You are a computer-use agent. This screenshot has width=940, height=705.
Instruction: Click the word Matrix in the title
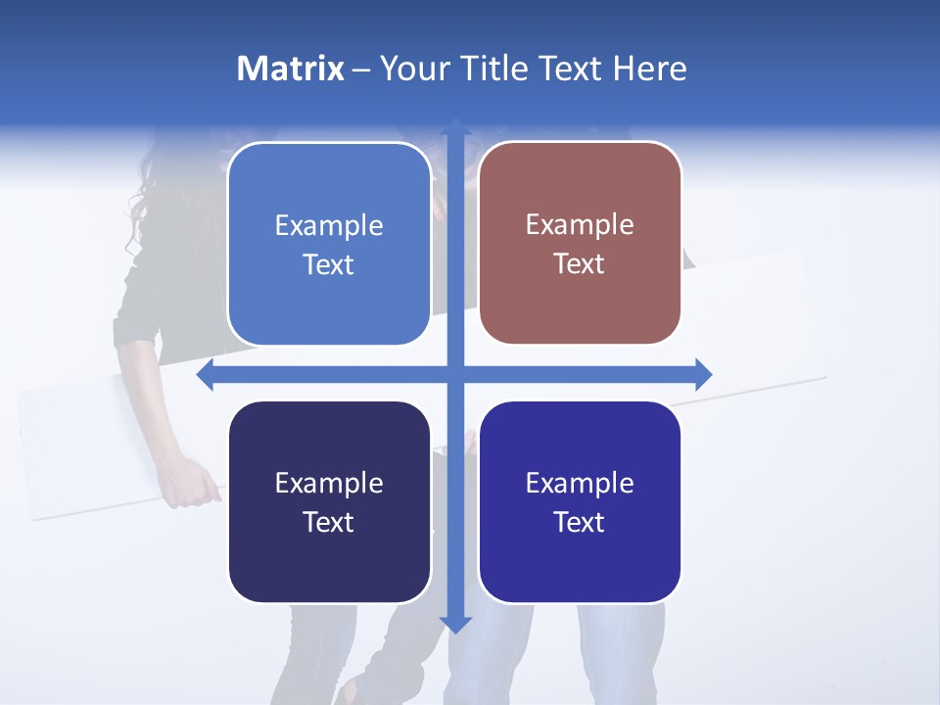click(x=291, y=69)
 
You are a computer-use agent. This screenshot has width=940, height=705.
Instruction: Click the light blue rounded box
click(x=328, y=244)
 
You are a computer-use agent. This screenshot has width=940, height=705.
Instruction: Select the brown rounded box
click(x=580, y=243)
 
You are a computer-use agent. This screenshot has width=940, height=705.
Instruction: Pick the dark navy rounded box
click(x=328, y=502)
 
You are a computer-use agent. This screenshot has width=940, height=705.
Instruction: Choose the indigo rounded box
click(x=580, y=502)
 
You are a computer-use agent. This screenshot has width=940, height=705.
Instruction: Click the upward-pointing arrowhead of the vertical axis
click(x=454, y=127)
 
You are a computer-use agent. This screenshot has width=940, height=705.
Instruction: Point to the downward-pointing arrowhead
click(x=454, y=623)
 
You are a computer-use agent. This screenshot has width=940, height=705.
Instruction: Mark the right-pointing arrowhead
click(x=702, y=375)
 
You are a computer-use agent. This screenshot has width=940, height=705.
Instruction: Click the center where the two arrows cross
click(x=454, y=375)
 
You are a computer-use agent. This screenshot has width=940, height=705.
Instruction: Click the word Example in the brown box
click(x=580, y=224)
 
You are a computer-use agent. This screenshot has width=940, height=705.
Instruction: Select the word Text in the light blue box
click(x=328, y=264)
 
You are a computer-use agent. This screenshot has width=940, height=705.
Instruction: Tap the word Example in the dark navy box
click(x=328, y=483)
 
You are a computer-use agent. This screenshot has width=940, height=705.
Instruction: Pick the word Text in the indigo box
click(x=580, y=522)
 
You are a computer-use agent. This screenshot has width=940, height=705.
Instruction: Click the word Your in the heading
click(x=412, y=69)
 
